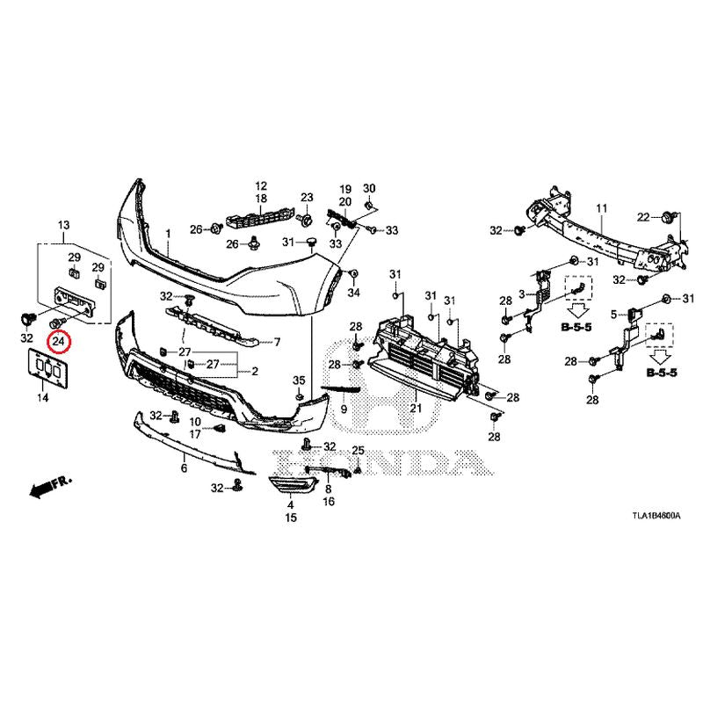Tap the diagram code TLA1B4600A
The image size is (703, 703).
click(656, 516)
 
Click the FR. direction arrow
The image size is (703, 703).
click(50, 487)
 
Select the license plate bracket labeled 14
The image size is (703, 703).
click(48, 368)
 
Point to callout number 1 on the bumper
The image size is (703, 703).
click(168, 234)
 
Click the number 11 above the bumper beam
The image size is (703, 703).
click(602, 208)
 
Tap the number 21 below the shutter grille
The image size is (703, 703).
click(416, 408)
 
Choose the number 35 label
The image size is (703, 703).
click(299, 380)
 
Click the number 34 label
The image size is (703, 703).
click(354, 293)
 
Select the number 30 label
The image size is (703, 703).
click(369, 188)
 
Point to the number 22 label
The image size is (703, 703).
click(643, 217)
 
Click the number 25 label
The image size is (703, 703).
click(359, 451)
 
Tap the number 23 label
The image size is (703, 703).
click(307, 197)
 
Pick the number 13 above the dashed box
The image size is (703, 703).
click(63, 225)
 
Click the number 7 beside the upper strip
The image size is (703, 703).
click(277, 342)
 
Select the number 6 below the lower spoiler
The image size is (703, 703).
click(184, 468)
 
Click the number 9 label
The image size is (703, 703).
click(344, 409)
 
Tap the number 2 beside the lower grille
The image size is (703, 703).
click(255, 371)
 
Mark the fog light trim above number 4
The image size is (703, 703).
click(293, 487)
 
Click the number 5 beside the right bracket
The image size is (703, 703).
click(613, 315)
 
